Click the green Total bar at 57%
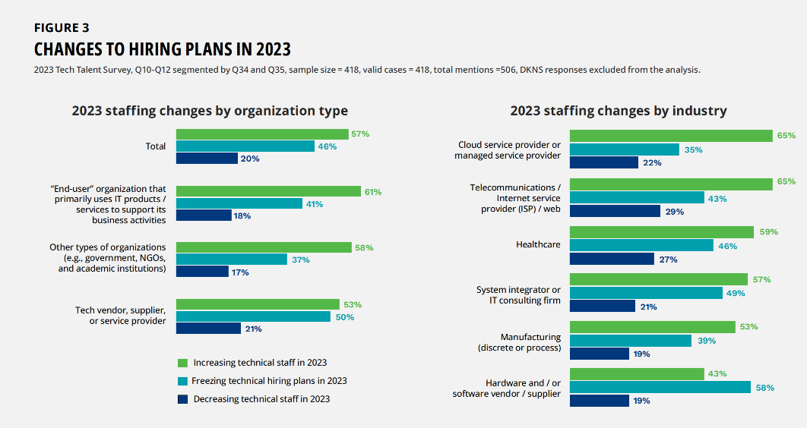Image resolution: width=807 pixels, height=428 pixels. [x=262, y=134]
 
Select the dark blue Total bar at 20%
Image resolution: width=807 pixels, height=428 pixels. [x=207, y=159]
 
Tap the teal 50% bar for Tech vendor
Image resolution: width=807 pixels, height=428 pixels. [x=253, y=316]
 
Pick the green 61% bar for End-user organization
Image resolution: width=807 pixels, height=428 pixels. [x=268, y=192]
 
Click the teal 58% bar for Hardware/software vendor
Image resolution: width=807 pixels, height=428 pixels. [x=660, y=388]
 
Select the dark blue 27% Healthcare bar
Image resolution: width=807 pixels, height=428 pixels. [x=612, y=259]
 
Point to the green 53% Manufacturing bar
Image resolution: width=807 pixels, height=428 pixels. [x=652, y=327]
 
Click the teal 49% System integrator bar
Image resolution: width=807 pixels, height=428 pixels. [x=646, y=293]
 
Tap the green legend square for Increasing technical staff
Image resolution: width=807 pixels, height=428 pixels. [x=182, y=363]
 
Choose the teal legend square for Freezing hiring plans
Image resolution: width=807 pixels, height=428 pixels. [x=182, y=381]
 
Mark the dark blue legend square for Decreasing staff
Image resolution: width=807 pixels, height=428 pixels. [x=182, y=398]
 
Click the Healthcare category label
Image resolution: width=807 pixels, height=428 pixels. [x=538, y=244]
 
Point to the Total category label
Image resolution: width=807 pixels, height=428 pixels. [x=156, y=146]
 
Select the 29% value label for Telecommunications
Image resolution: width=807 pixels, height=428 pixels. [x=674, y=212]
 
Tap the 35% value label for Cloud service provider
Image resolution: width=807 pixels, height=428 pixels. [x=693, y=150]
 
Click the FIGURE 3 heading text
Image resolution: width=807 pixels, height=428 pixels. [x=62, y=28]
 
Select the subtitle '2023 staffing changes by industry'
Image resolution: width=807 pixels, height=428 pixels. [x=619, y=111]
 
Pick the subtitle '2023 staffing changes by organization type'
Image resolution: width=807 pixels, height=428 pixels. [x=210, y=111]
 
